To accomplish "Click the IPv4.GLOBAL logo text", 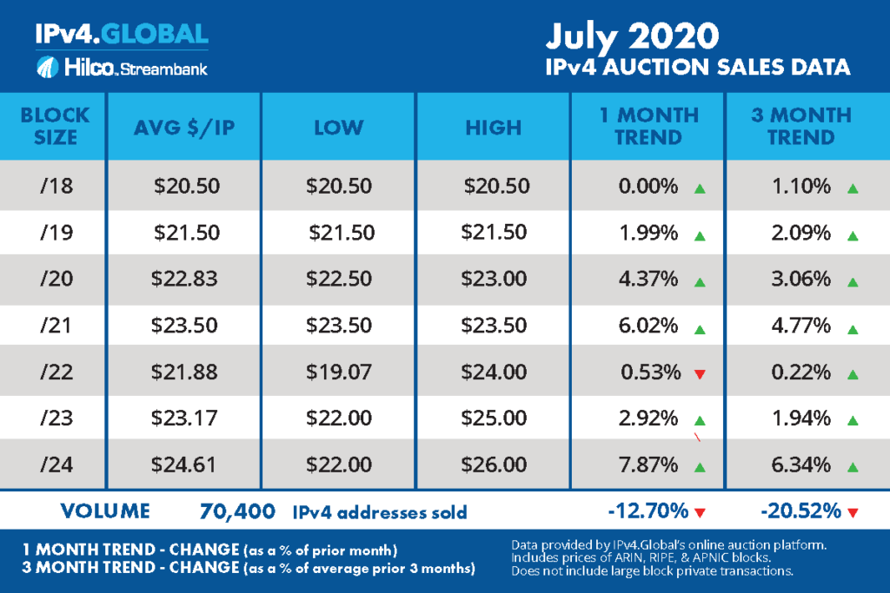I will click(122, 34).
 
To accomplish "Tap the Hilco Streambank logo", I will click(122, 67).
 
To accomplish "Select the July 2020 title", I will click(632, 36).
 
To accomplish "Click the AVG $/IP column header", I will click(184, 127).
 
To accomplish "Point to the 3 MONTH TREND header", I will click(802, 126).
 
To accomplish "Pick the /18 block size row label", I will click(53, 186).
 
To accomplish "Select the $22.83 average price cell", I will click(185, 280).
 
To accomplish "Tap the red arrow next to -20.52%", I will click(853, 512).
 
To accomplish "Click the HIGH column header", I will click(494, 127).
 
